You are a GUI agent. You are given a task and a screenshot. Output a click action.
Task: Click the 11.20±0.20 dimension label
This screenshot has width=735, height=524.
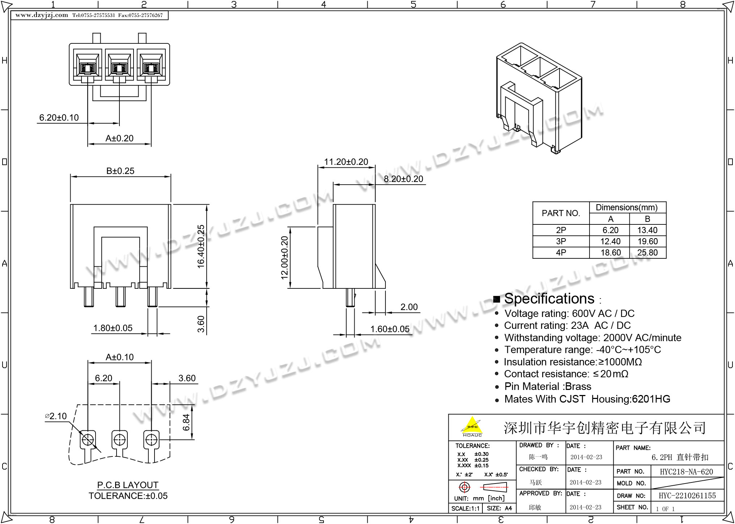pyautogui.click(x=346, y=162)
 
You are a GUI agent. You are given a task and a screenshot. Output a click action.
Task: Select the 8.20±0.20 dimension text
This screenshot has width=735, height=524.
pyautogui.click(x=403, y=179)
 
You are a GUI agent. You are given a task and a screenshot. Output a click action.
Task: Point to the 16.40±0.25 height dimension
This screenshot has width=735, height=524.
pyautogui.click(x=201, y=246)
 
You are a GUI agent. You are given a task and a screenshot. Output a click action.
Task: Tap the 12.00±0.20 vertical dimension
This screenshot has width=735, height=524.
pyautogui.click(x=285, y=257)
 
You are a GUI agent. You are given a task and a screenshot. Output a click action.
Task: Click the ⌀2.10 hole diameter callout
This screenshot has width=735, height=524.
pyautogui.click(x=56, y=416)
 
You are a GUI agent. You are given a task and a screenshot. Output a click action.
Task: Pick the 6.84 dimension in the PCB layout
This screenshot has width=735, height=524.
pyautogui.click(x=186, y=422)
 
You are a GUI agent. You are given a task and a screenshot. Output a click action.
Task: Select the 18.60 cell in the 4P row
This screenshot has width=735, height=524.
pyautogui.click(x=611, y=253)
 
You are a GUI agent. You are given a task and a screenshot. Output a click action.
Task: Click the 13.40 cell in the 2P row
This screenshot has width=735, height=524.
pyautogui.click(x=647, y=230)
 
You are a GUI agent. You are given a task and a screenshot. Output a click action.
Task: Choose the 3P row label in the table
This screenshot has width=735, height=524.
pyautogui.click(x=561, y=241)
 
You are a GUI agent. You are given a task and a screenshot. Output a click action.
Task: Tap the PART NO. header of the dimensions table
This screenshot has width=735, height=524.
pyautogui.click(x=561, y=213)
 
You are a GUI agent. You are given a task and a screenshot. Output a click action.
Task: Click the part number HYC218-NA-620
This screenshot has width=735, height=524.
pyautogui.click(x=686, y=472)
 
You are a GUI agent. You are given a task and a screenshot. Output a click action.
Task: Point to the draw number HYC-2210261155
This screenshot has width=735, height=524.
pyautogui.click(x=687, y=496)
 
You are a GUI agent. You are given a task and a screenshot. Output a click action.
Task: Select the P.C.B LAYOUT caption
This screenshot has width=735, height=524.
pyautogui.click(x=128, y=485)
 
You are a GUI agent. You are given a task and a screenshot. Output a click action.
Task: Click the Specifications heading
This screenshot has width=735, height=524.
pyautogui.click(x=549, y=299)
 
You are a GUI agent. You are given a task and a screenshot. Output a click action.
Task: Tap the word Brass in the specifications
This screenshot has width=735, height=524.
pyautogui.click(x=578, y=387)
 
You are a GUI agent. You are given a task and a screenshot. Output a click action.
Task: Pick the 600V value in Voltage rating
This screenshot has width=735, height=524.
pyautogui.click(x=583, y=313)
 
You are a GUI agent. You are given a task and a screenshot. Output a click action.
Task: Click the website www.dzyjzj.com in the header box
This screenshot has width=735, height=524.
pyautogui.click(x=42, y=15)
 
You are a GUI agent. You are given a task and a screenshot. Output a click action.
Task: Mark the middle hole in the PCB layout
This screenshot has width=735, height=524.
pyautogui.click(x=119, y=440)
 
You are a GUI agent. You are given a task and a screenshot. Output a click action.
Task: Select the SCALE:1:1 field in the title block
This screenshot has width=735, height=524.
pyautogui.click(x=465, y=508)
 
